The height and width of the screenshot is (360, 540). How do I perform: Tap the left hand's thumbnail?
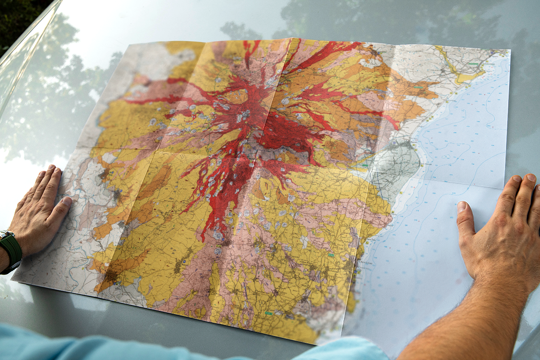(x=66, y=201)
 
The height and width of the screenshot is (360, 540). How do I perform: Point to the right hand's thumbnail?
(x=462, y=207)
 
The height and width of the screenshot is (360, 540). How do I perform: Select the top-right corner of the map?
(x=509, y=50)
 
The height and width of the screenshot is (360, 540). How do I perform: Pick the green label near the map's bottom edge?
(x=268, y=313)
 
